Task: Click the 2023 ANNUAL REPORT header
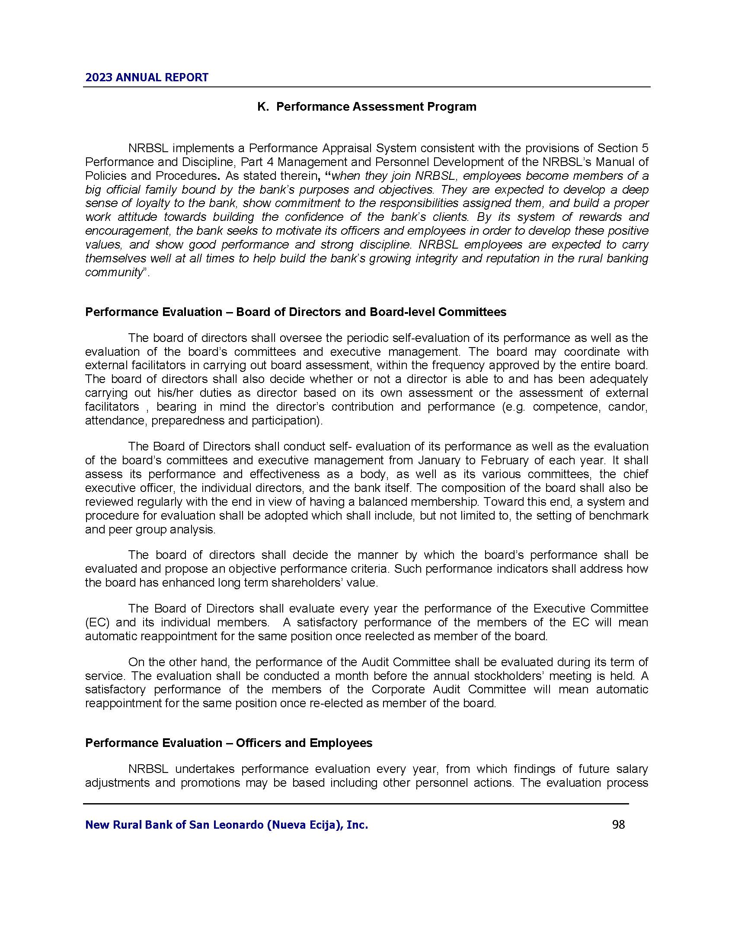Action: click(147, 77)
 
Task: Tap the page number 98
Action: click(618, 824)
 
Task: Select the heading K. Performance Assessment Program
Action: click(367, 107)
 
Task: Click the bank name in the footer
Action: click(227, 825)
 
